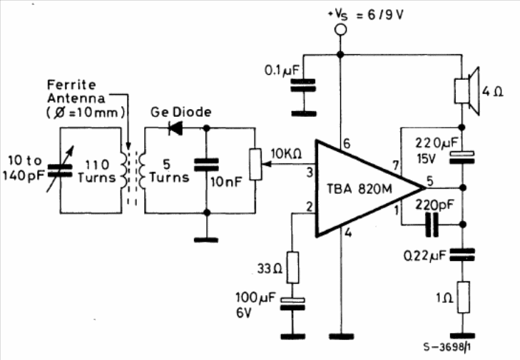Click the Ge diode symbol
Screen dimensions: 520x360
pos(175,128)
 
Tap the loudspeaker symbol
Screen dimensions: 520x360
pos(467,91)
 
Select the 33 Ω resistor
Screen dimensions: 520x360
pos(292,267)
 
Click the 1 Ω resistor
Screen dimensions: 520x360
pos(463,297)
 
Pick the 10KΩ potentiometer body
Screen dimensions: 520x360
pos(255,165)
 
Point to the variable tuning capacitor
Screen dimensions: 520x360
pos(60,170)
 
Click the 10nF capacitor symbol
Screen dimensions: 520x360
pos(206,165)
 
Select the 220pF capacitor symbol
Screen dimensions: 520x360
pos(432,225)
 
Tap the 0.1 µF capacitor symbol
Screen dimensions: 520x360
pos(303,85)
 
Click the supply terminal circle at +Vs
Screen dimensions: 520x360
pos(340,29)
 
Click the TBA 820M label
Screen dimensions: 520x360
pos(360,189)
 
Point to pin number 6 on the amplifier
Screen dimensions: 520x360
pos(347,143)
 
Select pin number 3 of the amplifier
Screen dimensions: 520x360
pos(310,173)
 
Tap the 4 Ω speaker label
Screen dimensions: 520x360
pos(493,91)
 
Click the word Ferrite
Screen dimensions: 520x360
pos(71,85)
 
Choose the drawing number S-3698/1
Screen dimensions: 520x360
pos(447,347)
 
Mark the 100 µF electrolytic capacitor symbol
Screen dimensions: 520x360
pos(292,304)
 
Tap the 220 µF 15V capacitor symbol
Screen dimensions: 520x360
pos(462,158)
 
